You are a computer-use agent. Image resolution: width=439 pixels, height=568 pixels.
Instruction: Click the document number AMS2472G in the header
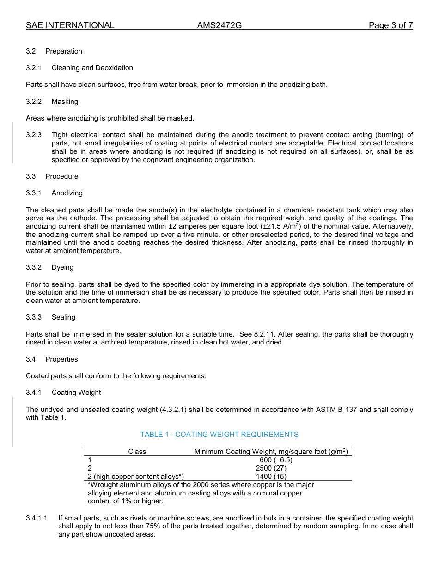point(219,25)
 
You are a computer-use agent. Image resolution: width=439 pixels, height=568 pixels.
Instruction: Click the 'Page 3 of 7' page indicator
point(390,25)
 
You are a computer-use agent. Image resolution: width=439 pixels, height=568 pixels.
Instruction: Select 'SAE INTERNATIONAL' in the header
point(70,25)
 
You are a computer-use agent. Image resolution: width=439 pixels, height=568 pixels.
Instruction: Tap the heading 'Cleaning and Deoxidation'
point(92,68)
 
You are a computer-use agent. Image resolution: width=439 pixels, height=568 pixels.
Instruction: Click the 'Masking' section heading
point(65,102)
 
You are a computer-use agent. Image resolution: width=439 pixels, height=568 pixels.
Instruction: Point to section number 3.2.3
point(34,135)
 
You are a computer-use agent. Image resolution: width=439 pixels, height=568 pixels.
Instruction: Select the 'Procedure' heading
point(61,176)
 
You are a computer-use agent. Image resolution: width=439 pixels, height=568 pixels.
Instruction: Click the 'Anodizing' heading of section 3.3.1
point(67,193)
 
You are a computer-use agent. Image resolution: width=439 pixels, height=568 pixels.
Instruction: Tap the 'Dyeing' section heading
point(62,267)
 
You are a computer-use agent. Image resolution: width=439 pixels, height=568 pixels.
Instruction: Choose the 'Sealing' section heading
point(63,317)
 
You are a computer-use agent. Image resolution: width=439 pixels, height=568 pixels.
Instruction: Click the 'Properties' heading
point(61,359)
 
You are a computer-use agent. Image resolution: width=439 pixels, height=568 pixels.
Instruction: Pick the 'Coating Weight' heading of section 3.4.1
point(76,393)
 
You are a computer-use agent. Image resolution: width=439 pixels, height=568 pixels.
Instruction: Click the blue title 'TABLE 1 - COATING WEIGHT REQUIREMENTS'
point(219,435)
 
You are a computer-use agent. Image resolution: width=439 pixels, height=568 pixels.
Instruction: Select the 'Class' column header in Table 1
point(137,452)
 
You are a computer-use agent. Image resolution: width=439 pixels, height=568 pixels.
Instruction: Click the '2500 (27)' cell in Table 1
point(271,468)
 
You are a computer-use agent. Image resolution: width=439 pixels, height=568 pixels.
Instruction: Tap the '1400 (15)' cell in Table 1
point(271,477)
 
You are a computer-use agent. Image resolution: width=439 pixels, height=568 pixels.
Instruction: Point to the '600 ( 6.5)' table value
point(276,460)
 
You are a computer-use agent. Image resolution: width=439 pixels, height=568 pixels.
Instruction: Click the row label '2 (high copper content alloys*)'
point(136,477)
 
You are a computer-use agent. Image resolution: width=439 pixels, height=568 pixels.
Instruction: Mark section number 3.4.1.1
point(37,519)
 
